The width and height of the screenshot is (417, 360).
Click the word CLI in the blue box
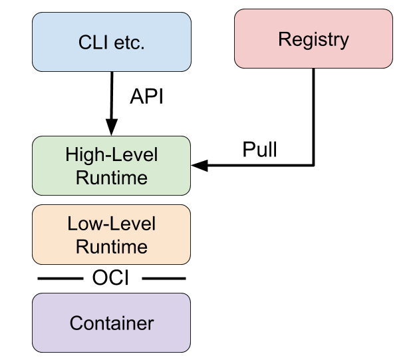[92, 43]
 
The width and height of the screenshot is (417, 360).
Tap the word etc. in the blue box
[127, 43]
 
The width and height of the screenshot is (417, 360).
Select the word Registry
[313, 39]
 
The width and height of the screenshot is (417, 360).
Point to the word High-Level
[112, 155]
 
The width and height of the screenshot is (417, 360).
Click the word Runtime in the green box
[112, 178]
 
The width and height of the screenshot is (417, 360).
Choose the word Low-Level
[112, 224]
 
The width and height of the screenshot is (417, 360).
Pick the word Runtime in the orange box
[112, 247]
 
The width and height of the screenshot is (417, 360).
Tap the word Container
[112, 323]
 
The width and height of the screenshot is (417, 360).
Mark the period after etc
[143, 48]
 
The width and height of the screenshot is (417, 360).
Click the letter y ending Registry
[345, 41]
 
